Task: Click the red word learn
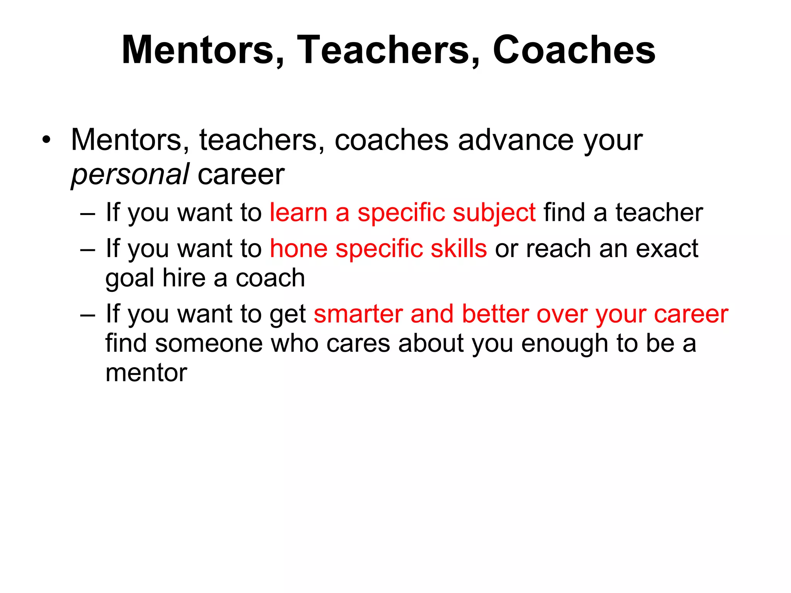pos(298,213)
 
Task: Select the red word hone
pos(299,249)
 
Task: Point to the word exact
pos(667,249)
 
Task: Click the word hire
pos(184,278)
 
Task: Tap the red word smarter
pos(358,314)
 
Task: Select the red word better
pos(495,314)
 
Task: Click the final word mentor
pos(146,373)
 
